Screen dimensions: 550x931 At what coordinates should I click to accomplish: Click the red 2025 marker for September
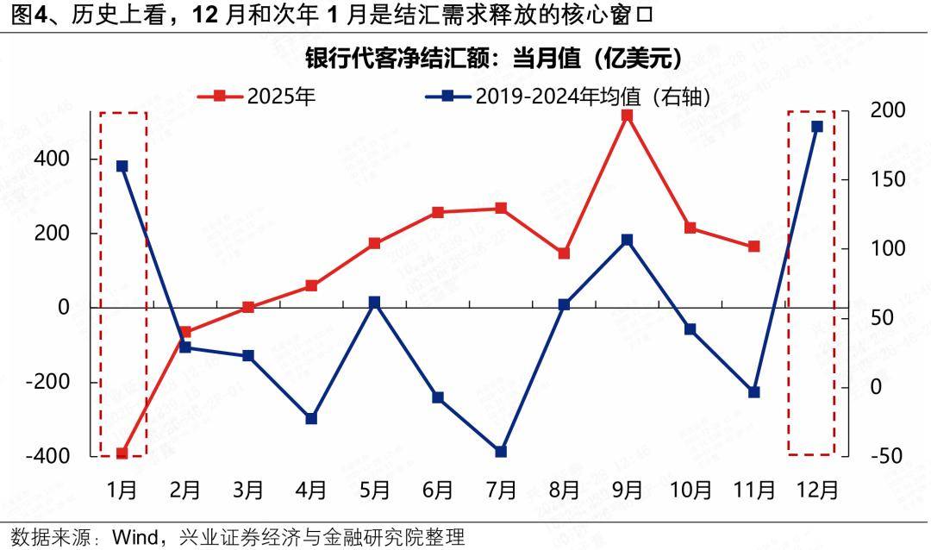(x=627, y=115)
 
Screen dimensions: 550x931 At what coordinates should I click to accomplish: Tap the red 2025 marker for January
(x=122, y=453)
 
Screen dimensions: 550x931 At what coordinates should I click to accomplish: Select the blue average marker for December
(x=816, y=127)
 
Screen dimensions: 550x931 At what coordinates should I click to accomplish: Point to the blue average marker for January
(x=122, y=166)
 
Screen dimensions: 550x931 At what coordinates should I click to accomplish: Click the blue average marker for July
(x=501, y=452)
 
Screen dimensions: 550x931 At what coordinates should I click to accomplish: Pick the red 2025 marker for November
(x=753, y=247)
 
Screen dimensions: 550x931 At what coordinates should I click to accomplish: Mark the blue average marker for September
(x=627, y=240)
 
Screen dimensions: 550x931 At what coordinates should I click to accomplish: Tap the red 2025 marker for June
(x=438, y=212)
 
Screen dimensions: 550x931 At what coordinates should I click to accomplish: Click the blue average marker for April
(x=311, y=419)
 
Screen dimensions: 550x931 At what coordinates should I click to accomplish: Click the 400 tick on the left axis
(x=53, y=159)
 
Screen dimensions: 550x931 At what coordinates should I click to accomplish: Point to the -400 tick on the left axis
(x=47, y=456)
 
